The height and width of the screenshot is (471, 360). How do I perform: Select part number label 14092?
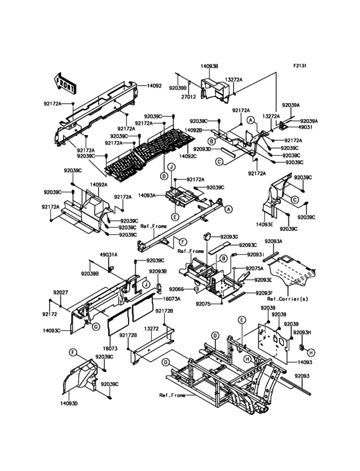click(154, 85)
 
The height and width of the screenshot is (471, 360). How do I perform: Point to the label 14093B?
click(208, 66)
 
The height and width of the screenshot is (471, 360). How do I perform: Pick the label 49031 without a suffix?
click(292, 127)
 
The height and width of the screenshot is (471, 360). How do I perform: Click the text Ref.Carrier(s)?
click(285, 300)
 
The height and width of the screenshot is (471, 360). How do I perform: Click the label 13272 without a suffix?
click(151, 328)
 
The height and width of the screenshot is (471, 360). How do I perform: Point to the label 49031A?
click(107, 254)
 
